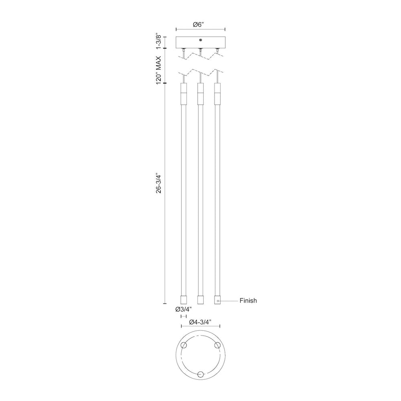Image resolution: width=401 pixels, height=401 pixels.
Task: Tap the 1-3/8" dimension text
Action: click(x=159, y=41)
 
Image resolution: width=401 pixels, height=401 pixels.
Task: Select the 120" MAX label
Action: click(x=159, y=70)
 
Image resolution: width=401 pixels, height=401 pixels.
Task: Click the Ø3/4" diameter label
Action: click(x=183, y=310)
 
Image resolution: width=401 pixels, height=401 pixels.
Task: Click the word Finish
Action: click(x=248, y=301)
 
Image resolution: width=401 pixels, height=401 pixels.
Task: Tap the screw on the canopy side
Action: click(x=200, y=40)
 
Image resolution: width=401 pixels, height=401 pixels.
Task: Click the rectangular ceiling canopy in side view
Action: click(x=200, y=43)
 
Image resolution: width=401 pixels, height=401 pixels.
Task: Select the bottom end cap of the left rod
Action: click(x=184, y=300)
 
